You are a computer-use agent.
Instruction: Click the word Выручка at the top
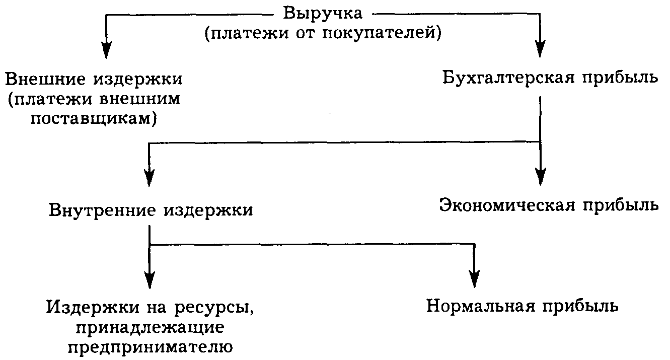tap(323, 14)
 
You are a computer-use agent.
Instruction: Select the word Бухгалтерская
tap(508, 79)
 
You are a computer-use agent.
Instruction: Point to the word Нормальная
tap(481, 306)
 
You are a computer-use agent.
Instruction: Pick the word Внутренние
tap(102, 210)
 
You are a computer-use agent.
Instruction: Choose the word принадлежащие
tap(150, 328)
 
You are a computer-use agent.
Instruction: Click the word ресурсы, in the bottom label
tap(214, 307)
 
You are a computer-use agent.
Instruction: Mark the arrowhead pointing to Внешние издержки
tap(107, 49)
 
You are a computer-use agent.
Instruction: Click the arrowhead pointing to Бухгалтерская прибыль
tap(540, 48)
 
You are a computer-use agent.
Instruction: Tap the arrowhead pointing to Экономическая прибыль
tap(541, 176)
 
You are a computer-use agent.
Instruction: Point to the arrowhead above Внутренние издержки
tap(150, 177)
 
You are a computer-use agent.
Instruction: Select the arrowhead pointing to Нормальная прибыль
tap(475, 278)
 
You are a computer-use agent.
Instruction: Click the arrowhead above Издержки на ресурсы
tap(150, 279)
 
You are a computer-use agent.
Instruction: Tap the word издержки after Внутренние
tap(208, 210)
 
